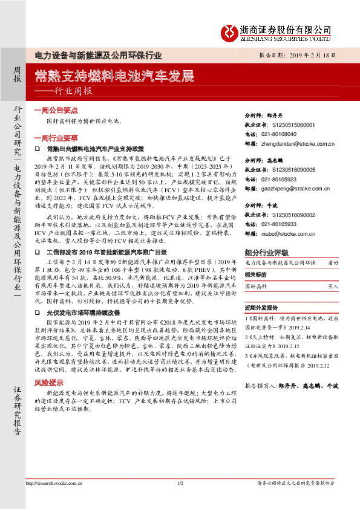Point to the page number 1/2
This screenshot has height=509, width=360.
coord(180,499)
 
